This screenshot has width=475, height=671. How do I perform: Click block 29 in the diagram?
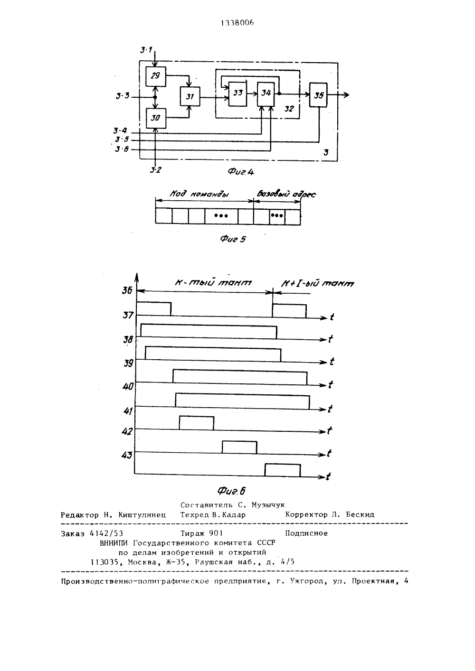tap(156, 77)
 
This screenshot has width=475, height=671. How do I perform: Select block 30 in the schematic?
tap(156, 118)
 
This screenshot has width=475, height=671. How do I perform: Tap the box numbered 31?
tap(190, 96)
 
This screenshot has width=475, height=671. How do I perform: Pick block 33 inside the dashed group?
tap(238, 94)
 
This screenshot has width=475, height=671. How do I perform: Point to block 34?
tap(266, 94)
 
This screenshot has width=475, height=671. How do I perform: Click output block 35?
tap(318, 95)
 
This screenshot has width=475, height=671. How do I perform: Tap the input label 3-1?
tap(146, 50)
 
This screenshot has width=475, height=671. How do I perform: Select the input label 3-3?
tap(123, 96)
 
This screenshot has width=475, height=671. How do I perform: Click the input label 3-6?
tap(122, 149)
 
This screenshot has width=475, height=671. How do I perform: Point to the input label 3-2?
tap(156, 170)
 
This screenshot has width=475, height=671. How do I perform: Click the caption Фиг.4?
tap(240, 172)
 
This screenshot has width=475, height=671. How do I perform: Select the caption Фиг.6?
tap(231, 491)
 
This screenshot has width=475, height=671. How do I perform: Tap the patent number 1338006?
tap(237, 23)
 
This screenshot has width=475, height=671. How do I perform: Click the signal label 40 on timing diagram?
tap(128, 387)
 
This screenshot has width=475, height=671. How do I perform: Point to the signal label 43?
tap(126, 456)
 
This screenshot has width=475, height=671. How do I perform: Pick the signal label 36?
tap(127, 290)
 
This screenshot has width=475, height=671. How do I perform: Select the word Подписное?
tap(306, 533)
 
